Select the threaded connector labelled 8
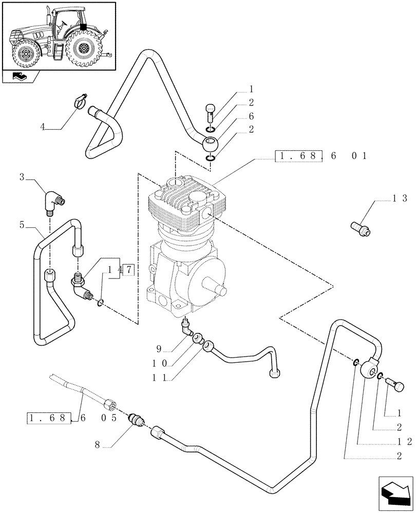click(138, 419)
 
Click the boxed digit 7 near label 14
click(128, 269)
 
